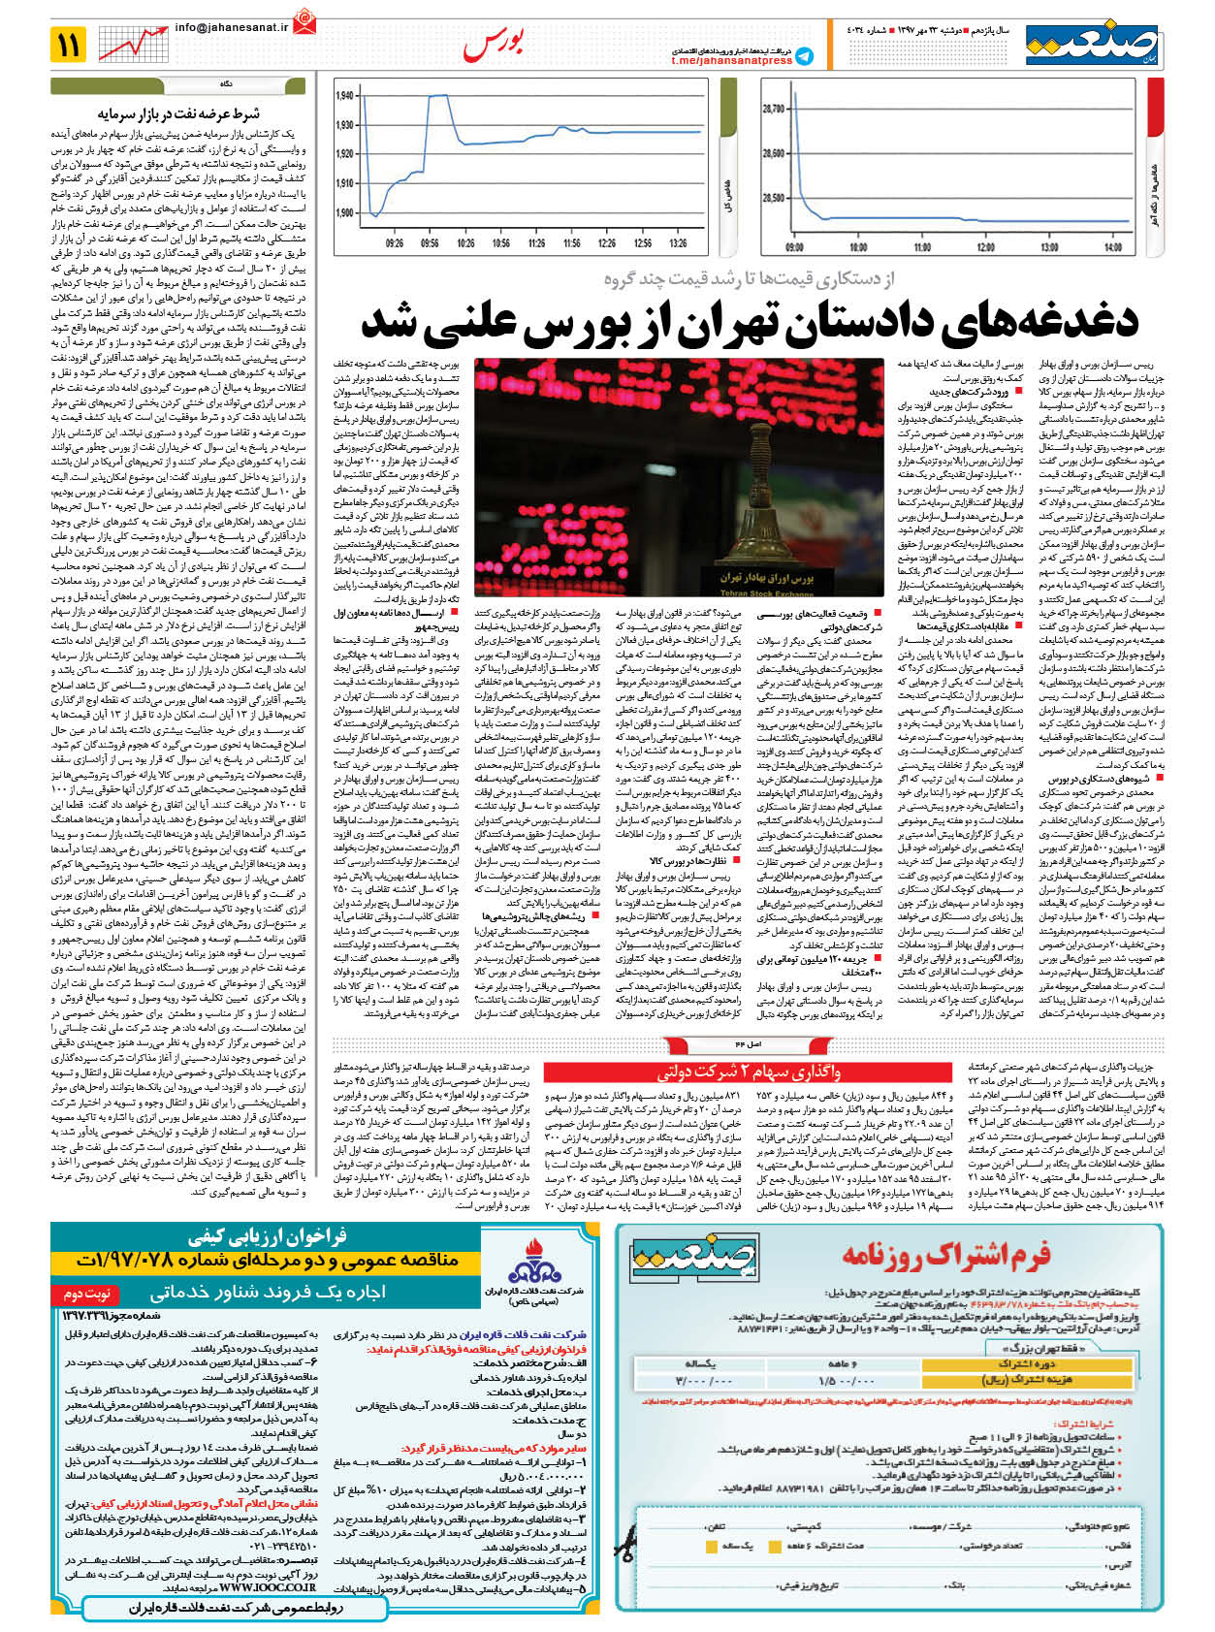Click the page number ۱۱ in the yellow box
click(69, 44)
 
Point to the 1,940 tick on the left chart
click(345, 96)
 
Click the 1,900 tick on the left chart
click(345, 212)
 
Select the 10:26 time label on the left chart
click(465, 243)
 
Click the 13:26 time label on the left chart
click(677, 243)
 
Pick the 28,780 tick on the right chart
click(773, 110)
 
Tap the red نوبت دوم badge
click(88, 1293)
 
